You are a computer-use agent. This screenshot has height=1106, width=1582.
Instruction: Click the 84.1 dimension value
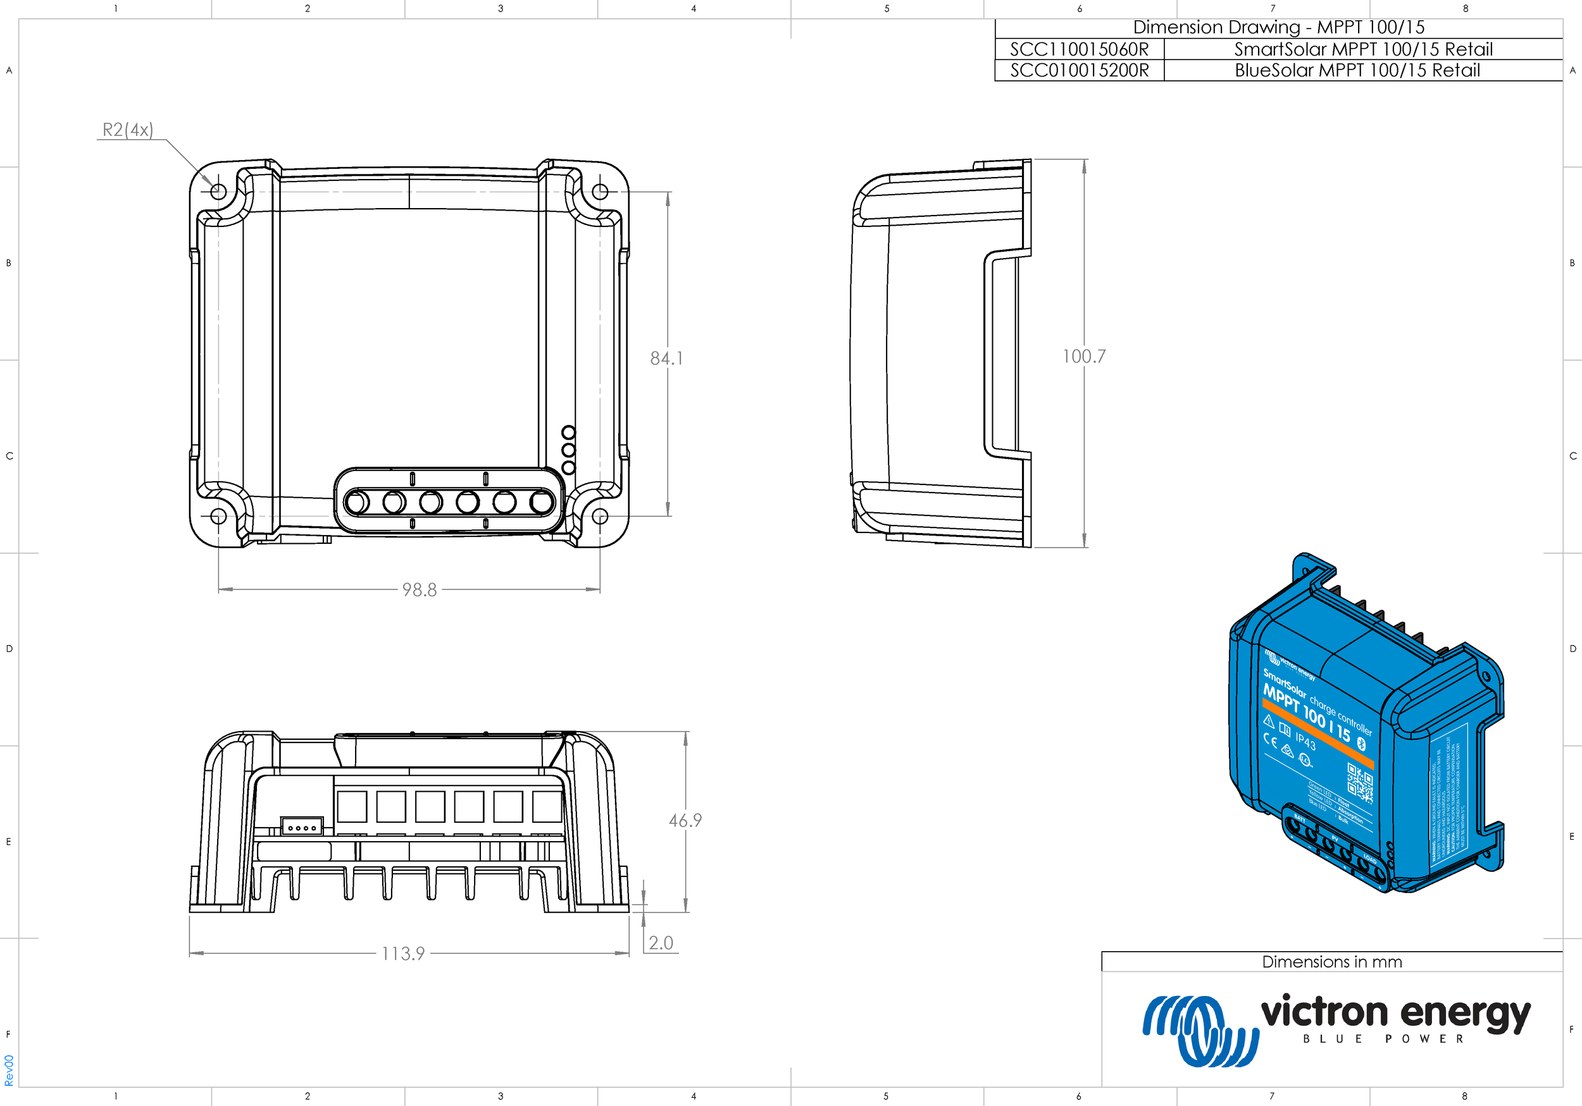[x=666, y=358]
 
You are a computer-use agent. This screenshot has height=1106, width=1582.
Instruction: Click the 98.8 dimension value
[x=419, y=590]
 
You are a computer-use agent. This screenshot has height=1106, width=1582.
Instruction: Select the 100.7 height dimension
[x=1083, y=357]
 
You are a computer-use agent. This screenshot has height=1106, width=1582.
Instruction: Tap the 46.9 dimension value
[x=685, y=821]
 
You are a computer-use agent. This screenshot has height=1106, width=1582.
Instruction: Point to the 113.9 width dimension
[x=403, y=954]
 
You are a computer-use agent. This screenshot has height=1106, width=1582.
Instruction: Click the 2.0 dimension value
[x=661, y=943]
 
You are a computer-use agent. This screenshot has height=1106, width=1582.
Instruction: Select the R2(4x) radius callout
[x=127, y=130]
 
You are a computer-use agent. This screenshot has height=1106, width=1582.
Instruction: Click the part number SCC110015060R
[x=1079, y=49]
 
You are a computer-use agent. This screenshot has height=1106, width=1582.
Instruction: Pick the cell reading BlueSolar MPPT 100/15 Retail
[x=1357, y=70]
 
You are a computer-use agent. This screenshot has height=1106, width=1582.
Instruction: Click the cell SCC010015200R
[x=1079, y=70]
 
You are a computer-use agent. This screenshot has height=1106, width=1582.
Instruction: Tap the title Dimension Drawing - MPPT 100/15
[x=1278, y=28]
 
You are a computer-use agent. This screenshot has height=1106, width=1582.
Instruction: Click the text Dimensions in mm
[x=1331, y=962]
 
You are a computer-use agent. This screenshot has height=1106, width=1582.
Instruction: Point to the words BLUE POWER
[x=1383, y=1039]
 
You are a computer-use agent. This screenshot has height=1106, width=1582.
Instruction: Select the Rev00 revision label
[x=9, y=1070]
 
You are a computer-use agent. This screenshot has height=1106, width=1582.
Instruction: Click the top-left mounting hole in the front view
[x=218, y=192]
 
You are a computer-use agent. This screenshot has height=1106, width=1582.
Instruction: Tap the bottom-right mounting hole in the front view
[x=599, y=516]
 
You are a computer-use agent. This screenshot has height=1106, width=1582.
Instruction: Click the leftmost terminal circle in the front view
[x=357, y=502]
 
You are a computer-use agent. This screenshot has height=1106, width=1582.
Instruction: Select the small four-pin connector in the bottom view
[x=302, y=827]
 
